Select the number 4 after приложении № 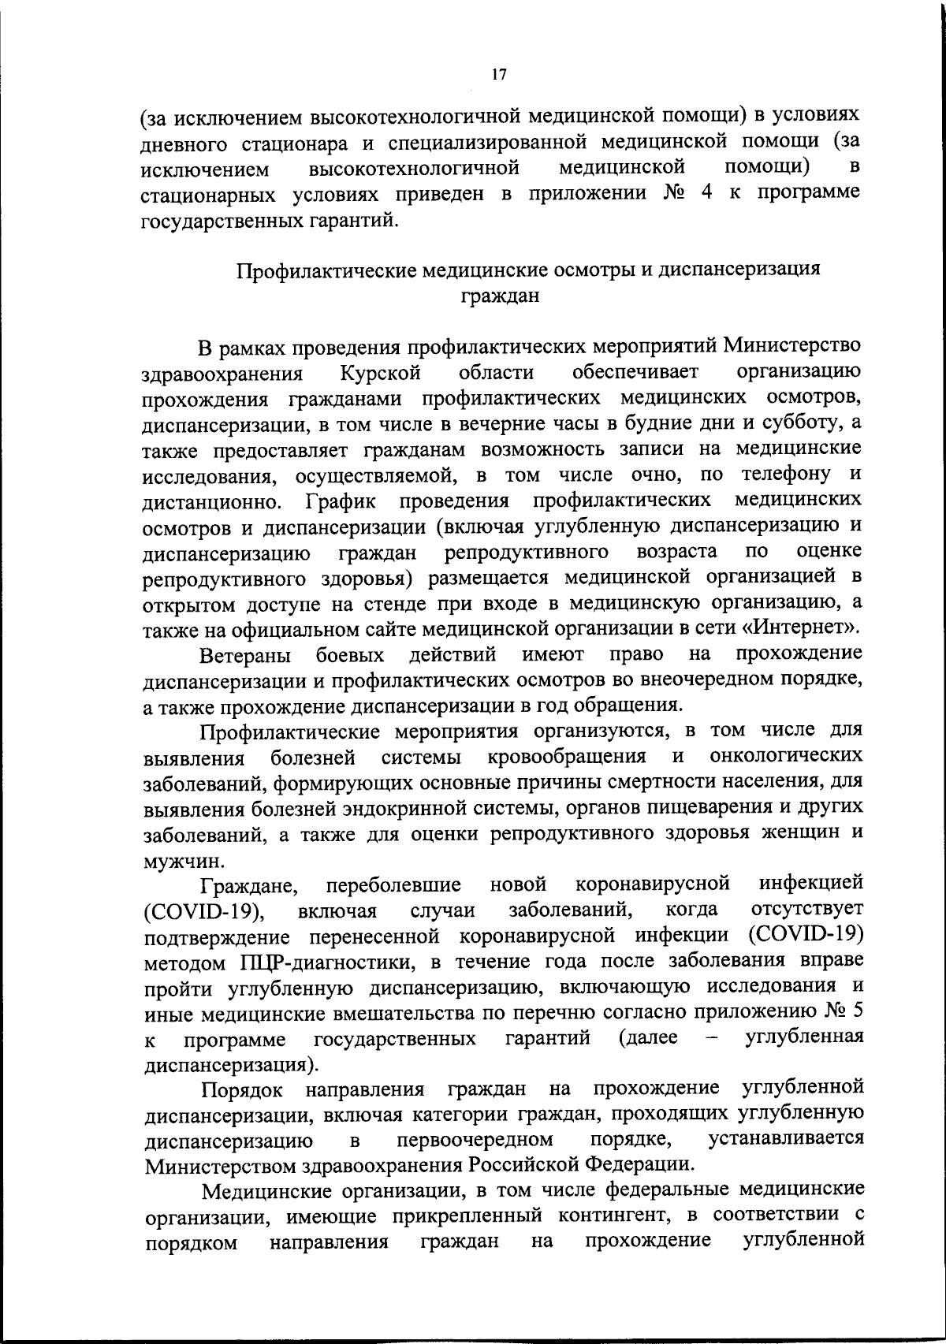coord(709,193)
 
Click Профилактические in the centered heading coord(328,270)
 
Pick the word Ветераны coord(244,655)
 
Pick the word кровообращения coord(567,758)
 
